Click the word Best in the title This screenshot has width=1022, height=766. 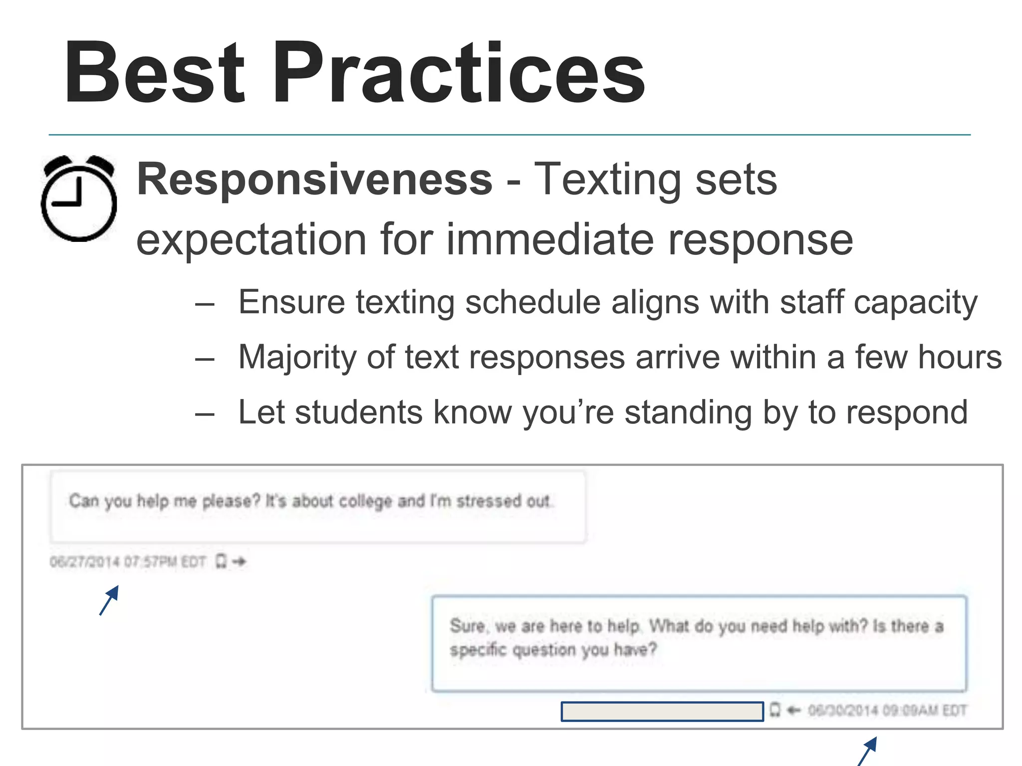coord(155,74)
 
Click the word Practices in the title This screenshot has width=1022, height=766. coord(458,74)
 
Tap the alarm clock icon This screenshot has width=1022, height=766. coord(79,198)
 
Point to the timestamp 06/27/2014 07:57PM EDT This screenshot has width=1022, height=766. coord(128,562)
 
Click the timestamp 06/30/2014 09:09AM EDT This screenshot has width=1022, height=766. coord(887,710)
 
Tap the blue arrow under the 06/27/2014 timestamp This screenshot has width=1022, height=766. coord(109,600)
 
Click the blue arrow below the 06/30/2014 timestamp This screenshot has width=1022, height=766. coord(867,751)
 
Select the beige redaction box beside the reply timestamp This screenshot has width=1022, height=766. coord(662,711)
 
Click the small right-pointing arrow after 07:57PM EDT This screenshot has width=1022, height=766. coord(240,562)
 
